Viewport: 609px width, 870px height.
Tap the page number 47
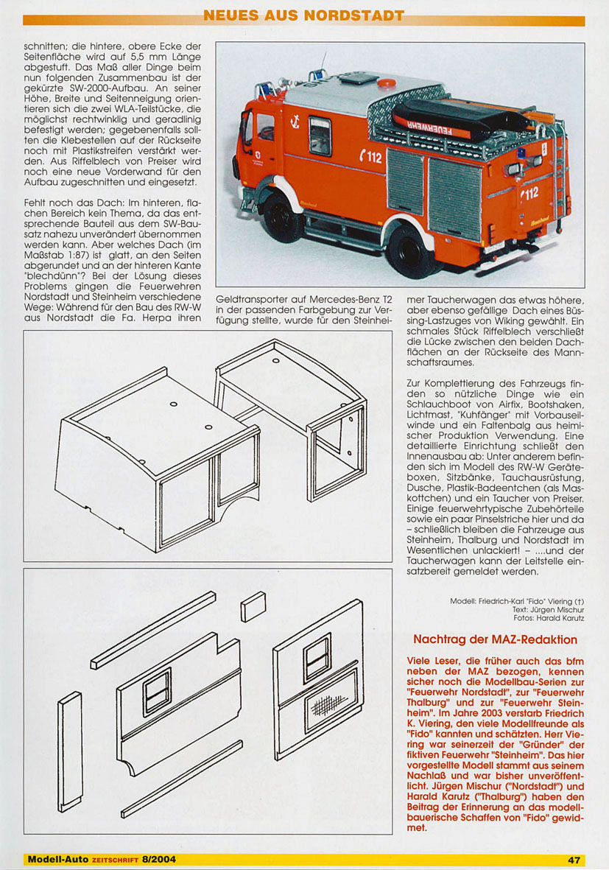coord(574,860)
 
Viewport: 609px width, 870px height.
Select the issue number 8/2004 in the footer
coord(158,860)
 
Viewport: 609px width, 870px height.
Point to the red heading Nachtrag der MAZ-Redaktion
coord(496,639)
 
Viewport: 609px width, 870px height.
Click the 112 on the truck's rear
coord(529,193)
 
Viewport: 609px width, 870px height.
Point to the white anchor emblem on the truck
coord(295,120)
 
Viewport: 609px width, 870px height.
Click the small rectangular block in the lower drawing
coord(253,606)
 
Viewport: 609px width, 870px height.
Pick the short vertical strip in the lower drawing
coord(70,751)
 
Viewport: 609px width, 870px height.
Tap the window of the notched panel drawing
coord(158,690)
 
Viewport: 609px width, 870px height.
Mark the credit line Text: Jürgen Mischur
coord(549,609)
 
